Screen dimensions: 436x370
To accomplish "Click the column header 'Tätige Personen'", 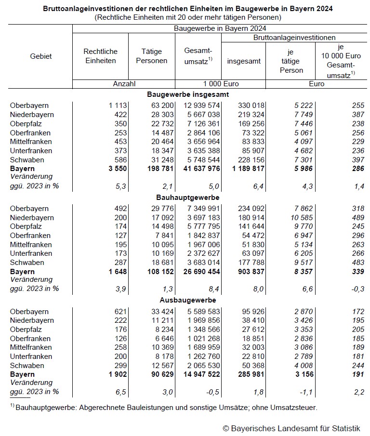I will (152, 56).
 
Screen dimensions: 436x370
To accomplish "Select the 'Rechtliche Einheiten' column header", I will (100, 56).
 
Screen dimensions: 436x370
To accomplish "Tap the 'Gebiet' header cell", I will (41, 56).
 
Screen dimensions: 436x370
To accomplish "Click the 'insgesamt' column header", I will (244, 61).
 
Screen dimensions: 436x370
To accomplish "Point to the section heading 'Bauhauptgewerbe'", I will (188, 198).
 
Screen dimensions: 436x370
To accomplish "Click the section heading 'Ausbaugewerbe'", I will (188, 301).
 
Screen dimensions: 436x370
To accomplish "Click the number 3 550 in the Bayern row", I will (116, 169).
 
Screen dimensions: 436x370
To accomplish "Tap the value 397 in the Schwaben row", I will (357, 159).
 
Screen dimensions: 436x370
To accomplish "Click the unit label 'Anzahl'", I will (125, 83).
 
